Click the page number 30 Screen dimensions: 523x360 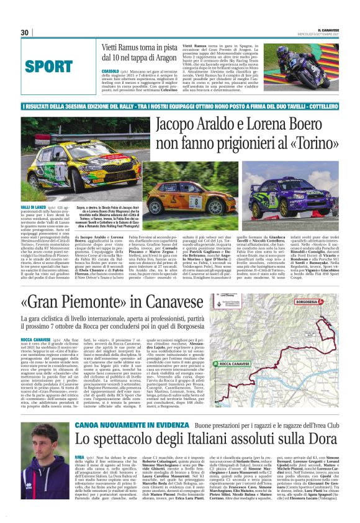coord(24,32)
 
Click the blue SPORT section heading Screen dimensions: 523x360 coord(49,66)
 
